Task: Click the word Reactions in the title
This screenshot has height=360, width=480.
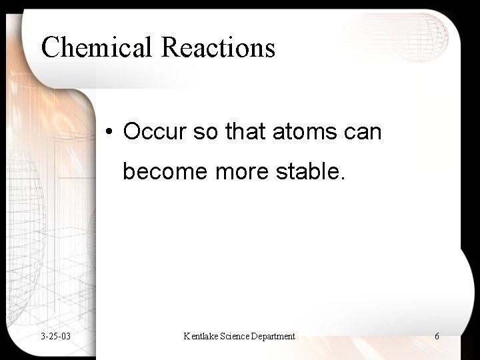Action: pos(217,48)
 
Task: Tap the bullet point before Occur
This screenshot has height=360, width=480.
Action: pos(109,133)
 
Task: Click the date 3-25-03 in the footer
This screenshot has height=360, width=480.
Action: pos(56,336)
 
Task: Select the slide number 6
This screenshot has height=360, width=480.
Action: pos(437,336)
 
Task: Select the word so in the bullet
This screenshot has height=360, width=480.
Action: pos(205,132)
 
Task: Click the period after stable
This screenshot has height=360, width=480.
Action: pos(344,178)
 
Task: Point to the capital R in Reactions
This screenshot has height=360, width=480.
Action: pos(170,48)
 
